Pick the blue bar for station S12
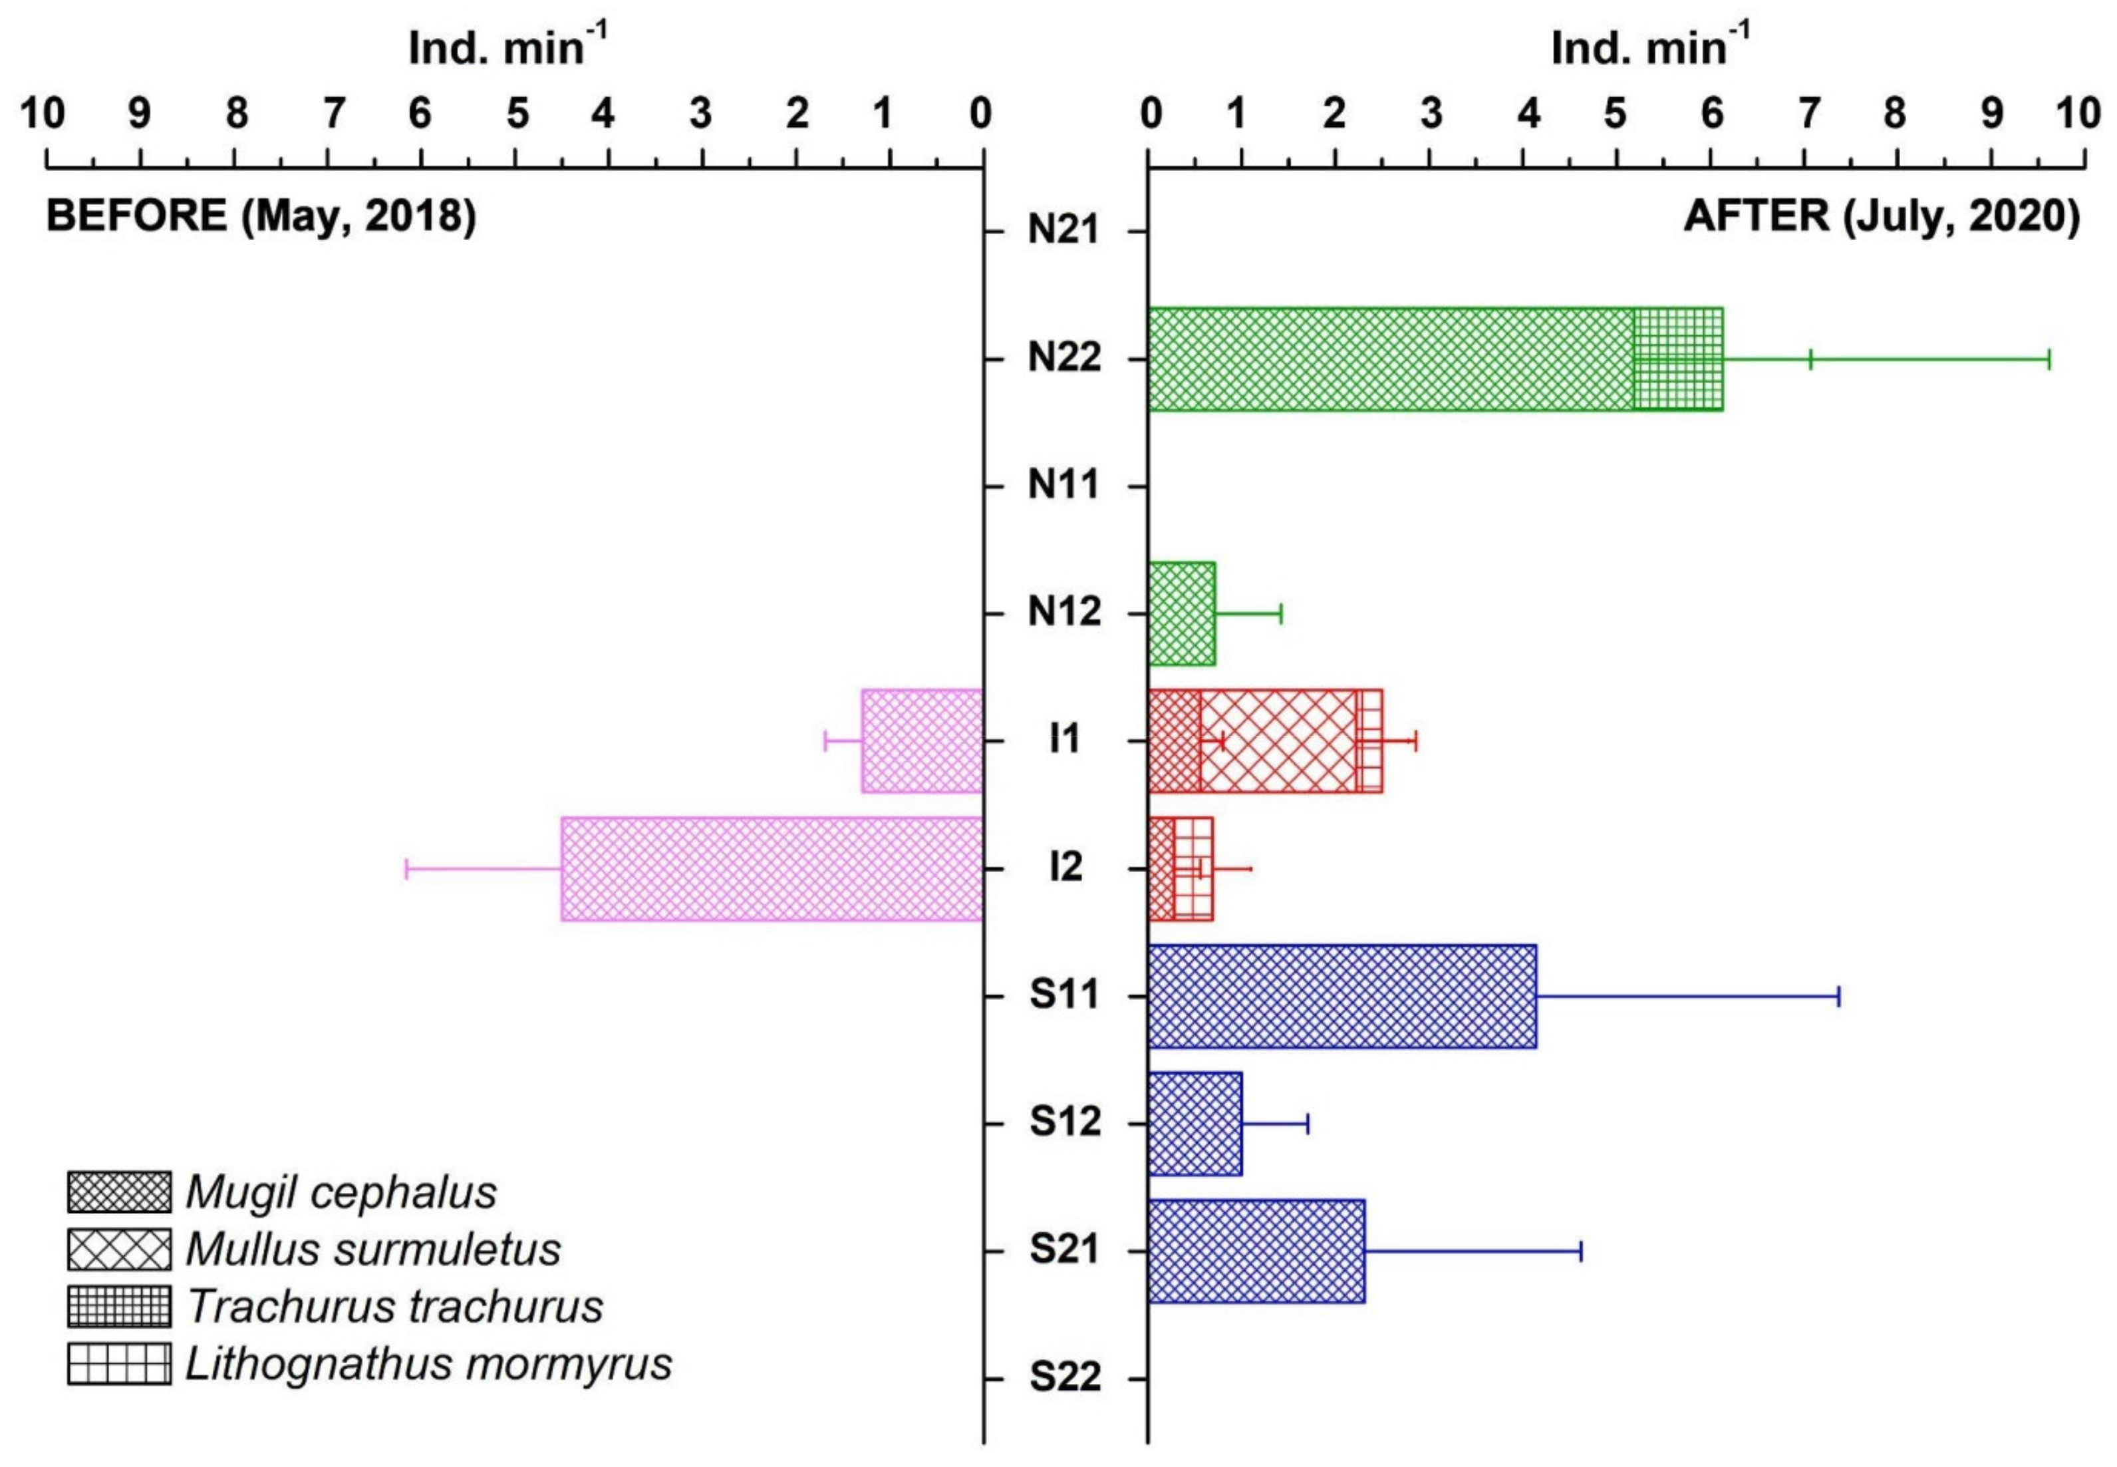pyautogui.click(x=1195, y=1123)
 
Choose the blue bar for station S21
pyautogui.click(x=1256, y=1251)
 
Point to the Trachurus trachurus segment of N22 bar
pyautogui.click(x=1679, y=359)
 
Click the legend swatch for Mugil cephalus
pyautogui.click(x=118, y=1192)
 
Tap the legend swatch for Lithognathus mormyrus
pyautogui.click(x=118, y=1363)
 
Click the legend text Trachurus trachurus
pyautogui.click(x=395, y=1306)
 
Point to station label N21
pyautogui.click(x=1064, y=230)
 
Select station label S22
pyautogui.click(x=1064, y=1379)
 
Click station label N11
pyautogui.click(x=1064, y=485)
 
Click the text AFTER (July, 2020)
pyautogui.click(x=1881, y=217)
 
